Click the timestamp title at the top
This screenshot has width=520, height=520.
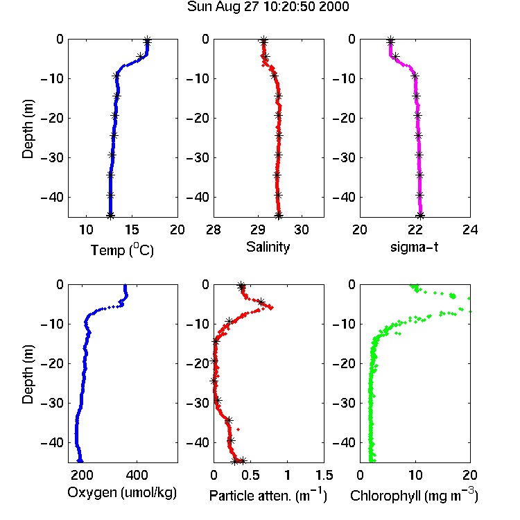[x=268, y=7]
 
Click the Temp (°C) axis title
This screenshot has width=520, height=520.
[x=122, y=250]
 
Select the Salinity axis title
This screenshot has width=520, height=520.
[x=268, y=247]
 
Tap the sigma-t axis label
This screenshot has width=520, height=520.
[x=414, y=247]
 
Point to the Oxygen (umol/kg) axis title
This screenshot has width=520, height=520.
[x=122, y=492]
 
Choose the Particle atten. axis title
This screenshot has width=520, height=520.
[x=268, y=495]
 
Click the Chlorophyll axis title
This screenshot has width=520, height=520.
[x=414, y=495]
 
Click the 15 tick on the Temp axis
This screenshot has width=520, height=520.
[x=132, y=229]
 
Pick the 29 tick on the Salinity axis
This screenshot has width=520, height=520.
[x=258, y=229]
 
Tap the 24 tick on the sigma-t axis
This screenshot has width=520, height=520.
[x=470, y=229]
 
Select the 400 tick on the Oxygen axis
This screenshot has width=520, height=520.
[x=137, y=475]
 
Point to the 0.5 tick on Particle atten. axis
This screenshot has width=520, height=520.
[x=251, y=475]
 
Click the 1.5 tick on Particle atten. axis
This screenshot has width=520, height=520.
[x=324, y=475]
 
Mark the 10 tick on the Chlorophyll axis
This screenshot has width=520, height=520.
[x=415, y=475]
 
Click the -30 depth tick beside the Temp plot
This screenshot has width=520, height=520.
[x=51, y=157]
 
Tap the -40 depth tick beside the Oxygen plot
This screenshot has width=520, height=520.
[x=51, y=442]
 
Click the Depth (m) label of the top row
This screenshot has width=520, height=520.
[x=28, y=129]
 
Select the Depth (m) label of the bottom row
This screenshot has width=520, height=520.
[x=28, y=374]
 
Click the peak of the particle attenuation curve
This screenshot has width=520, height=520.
[x=272, y=308]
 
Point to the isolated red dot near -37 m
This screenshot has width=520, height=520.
[x=238, y=429]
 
